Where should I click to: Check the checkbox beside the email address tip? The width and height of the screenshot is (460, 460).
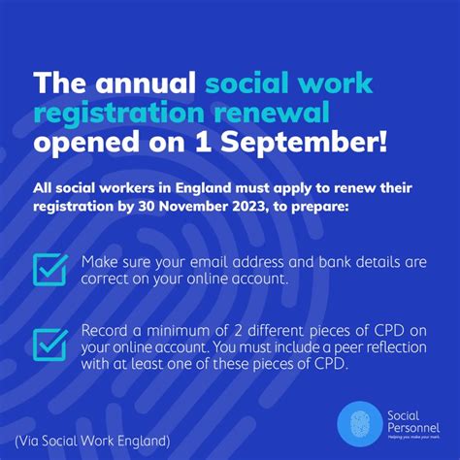tap(49, 270)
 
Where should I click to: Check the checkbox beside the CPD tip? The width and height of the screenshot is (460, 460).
tap(49, 344)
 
